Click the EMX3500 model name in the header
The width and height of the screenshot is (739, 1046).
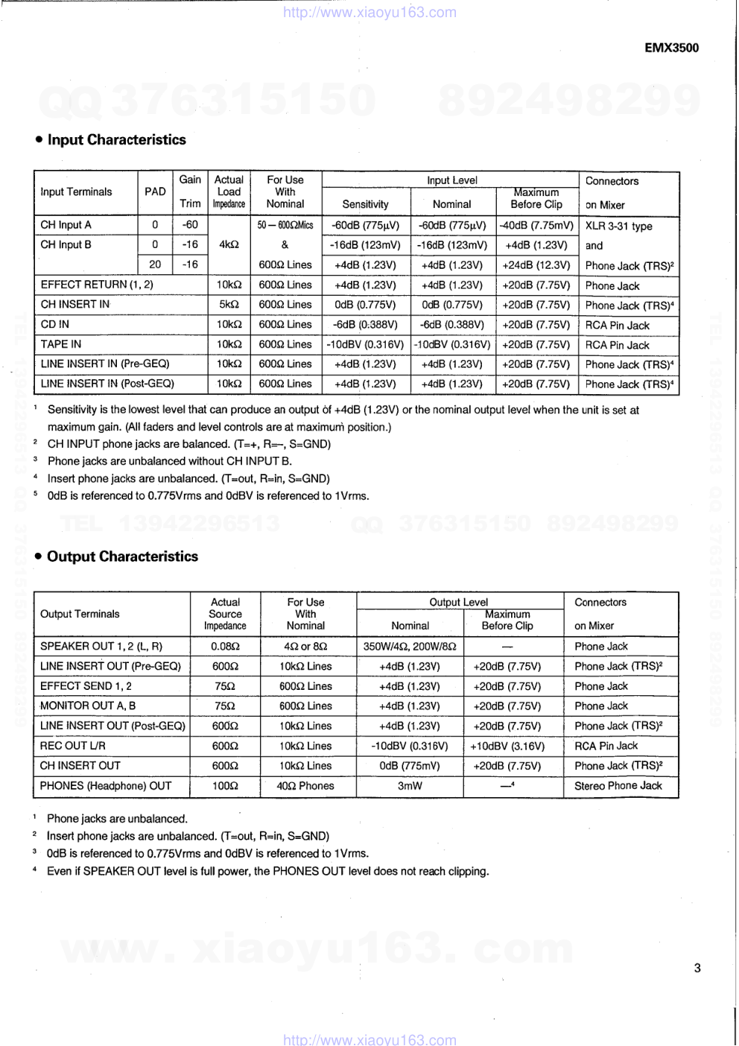671,48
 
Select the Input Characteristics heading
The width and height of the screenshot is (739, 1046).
116,140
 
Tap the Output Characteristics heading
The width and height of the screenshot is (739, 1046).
122,557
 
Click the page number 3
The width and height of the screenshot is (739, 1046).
697,969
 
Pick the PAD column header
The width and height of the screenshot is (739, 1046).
155,191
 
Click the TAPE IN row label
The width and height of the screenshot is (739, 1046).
61,344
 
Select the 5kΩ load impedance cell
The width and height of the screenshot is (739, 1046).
229,305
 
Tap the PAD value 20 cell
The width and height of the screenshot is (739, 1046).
155,264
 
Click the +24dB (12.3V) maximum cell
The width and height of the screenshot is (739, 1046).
536,265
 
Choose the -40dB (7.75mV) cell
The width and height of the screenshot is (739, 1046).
536,225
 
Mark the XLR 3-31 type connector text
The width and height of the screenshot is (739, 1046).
618,226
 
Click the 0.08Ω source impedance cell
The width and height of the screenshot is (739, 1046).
225,647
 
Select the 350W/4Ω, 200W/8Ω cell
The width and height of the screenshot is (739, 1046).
410,647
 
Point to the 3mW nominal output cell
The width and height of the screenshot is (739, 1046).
410,786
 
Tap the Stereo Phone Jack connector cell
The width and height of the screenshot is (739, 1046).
618,786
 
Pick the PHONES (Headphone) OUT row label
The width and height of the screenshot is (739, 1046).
106,786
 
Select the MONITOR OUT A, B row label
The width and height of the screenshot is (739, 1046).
88,706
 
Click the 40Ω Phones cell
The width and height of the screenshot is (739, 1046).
305,786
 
